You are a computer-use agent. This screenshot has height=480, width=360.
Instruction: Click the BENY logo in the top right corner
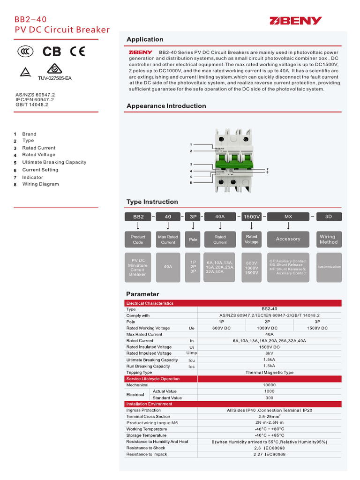[295, 21]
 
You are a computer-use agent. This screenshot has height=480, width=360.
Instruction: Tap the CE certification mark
[77, 51]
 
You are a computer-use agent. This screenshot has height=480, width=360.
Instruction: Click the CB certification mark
[52, 51]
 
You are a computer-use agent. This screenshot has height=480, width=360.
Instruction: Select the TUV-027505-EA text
[52, 78]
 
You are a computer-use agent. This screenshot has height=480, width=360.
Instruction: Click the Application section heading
[145, 39]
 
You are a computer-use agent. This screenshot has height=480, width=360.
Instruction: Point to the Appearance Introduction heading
[166, 106]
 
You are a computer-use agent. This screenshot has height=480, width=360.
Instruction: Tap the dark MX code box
[288, 217]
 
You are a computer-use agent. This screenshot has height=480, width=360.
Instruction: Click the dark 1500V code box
[251, 217]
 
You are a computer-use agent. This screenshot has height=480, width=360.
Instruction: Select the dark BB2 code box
[138, 217]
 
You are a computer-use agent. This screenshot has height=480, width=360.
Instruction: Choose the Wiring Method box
[329, 239]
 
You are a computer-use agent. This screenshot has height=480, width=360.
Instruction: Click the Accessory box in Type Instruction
[288, 239]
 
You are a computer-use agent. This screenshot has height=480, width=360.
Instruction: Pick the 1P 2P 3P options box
[193, 266]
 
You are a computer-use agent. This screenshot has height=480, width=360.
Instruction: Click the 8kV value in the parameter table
[269, 353]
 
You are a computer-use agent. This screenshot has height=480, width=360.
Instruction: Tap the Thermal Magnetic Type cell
[269, 373]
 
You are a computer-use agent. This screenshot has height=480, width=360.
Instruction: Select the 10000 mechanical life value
[269, 385]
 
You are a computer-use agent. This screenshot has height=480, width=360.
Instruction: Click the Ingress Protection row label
[143, 410]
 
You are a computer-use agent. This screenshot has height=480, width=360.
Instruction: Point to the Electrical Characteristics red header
[150, 303]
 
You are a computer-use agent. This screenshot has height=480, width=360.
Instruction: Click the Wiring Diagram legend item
[40, 184]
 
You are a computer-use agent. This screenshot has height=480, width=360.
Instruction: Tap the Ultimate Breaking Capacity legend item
[54, 162]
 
